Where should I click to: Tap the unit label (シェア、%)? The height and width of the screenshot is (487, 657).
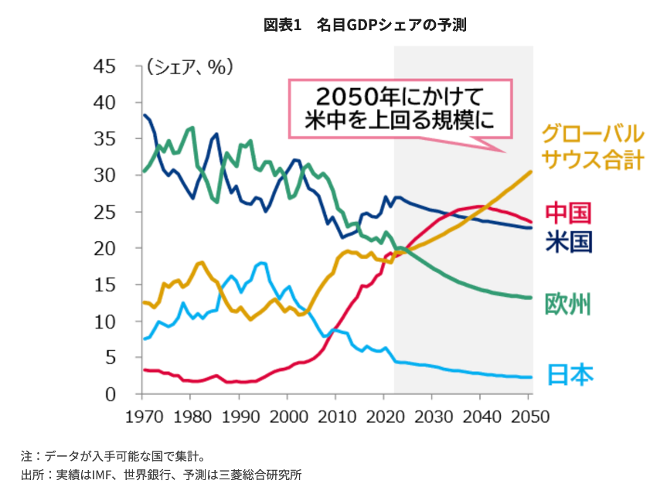pos(189,67)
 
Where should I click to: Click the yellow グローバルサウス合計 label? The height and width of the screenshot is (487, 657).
pos(592,146)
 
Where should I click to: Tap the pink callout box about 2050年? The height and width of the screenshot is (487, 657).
pos(400,108)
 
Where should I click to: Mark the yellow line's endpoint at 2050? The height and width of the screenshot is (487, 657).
pos(532,172)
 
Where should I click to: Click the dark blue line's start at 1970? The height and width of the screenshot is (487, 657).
pos(144,115)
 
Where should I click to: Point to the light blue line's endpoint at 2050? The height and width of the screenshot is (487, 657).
pos(532,377)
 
